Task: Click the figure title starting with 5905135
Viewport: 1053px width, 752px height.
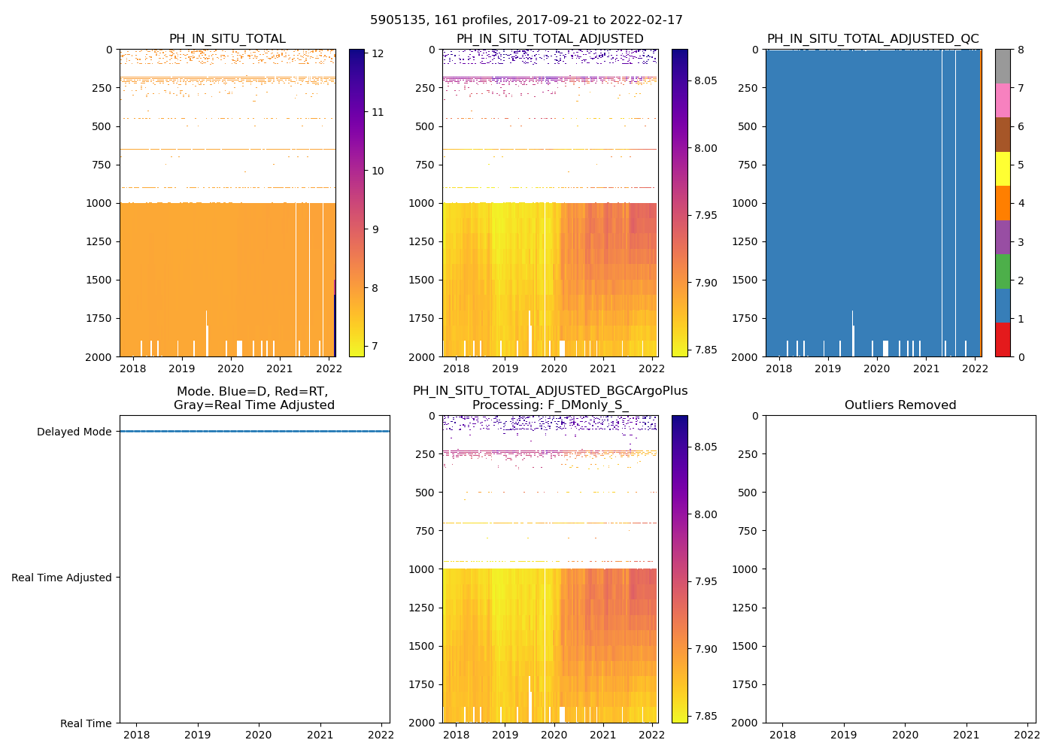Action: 526,20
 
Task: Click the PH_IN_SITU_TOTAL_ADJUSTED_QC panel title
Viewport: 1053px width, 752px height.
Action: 873,39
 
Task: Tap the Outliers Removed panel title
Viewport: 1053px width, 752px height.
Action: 900,405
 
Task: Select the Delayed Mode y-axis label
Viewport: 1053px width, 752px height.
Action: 74,432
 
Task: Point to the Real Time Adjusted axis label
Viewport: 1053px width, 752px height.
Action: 62,578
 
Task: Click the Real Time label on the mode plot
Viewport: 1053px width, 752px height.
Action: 86,723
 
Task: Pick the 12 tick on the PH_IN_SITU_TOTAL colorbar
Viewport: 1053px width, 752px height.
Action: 378,53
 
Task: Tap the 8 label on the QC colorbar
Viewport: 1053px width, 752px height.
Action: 1021,50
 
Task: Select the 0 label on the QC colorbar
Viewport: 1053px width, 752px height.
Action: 1021,356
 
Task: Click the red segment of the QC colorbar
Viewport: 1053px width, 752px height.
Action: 1003,340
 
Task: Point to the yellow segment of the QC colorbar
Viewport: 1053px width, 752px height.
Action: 1003,168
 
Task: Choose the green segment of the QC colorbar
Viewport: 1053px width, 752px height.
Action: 1003,271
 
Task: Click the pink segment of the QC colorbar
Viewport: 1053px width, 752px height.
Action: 1003,100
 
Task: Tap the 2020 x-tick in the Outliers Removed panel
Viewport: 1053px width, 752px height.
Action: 905,735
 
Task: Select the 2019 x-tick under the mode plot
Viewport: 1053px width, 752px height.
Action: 198,735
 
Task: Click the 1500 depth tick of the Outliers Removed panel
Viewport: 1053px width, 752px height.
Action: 747,646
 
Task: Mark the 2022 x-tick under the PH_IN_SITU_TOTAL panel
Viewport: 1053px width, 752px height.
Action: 329,368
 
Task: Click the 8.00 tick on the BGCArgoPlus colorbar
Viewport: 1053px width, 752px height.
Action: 706,514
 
